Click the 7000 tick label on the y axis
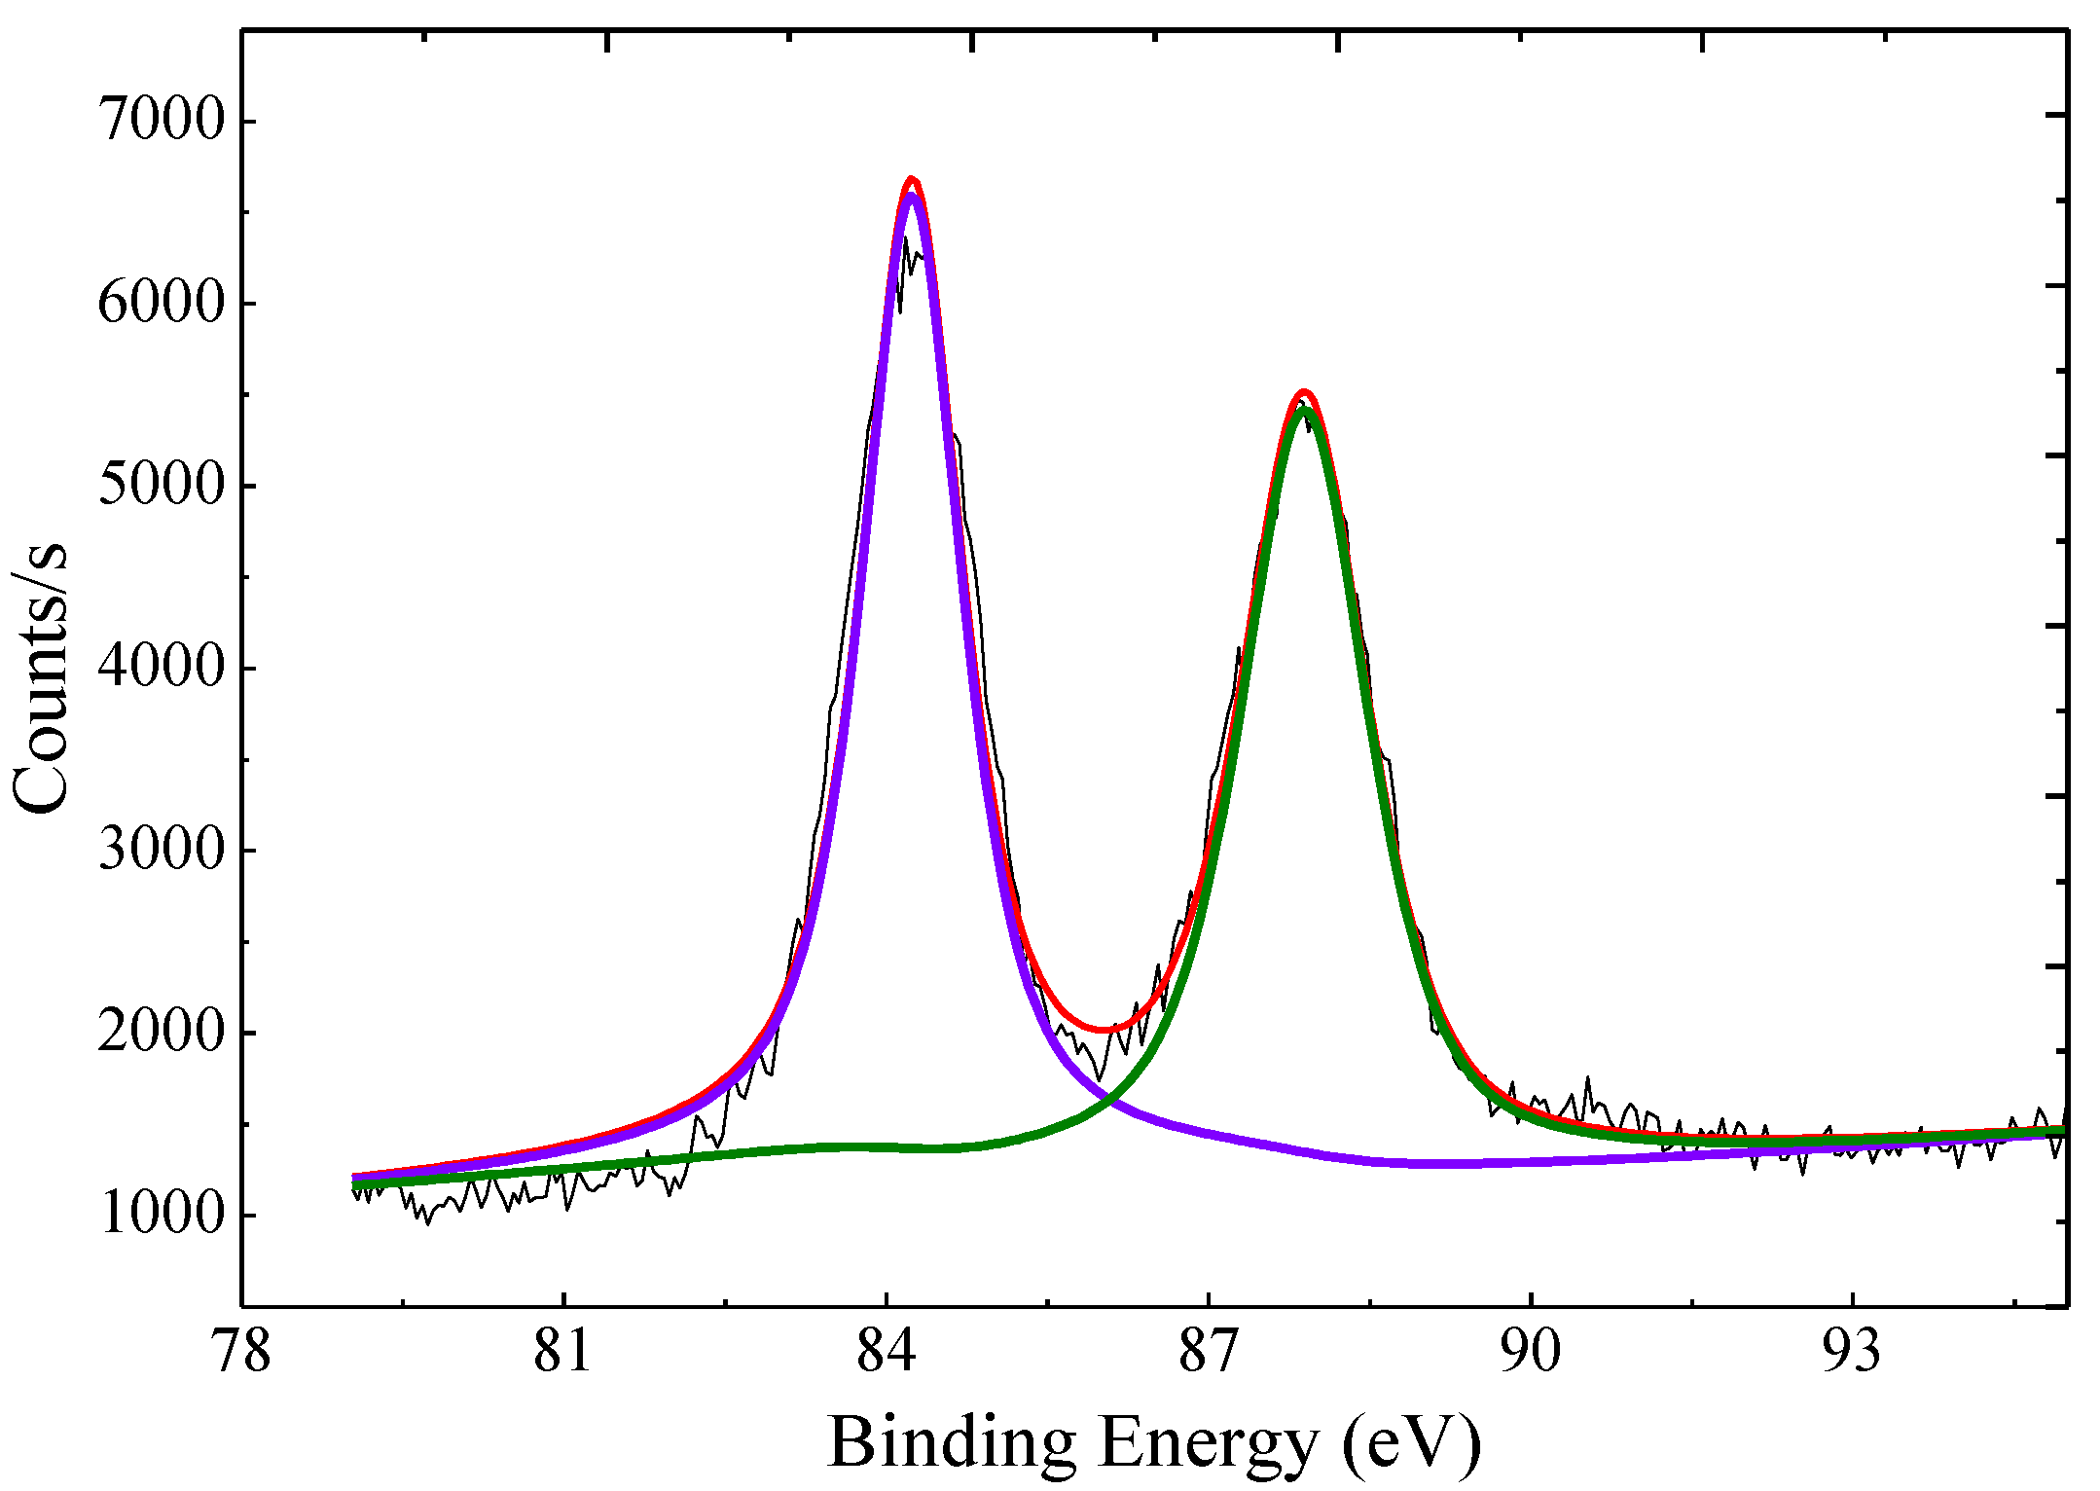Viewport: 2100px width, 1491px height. click(x=162, y=121)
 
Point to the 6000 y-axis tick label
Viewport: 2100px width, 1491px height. click(x=162, y=303)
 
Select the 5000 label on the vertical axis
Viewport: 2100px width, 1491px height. click(x=162, y=485)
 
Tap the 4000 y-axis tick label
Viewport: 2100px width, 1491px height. click(x=162, y=668)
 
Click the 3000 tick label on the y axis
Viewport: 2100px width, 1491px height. click(x=162, y=850)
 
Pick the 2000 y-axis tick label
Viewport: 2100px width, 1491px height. click(x=162, y=1032)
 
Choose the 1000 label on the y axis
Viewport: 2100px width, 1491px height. click(x=162, y=1215)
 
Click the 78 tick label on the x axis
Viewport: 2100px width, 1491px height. click(x=241, y=1353)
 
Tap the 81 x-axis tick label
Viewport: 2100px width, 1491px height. click(x=562, y=1353)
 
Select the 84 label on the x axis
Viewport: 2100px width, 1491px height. click(x=886, y=1353)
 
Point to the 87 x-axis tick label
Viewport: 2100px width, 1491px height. click(x=1208, y=1353)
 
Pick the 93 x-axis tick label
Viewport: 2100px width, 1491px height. click(x=1852, y=1353)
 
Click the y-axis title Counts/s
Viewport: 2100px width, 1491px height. click(x=41, y=675)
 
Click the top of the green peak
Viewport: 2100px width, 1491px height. click(x=1304, y=408)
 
